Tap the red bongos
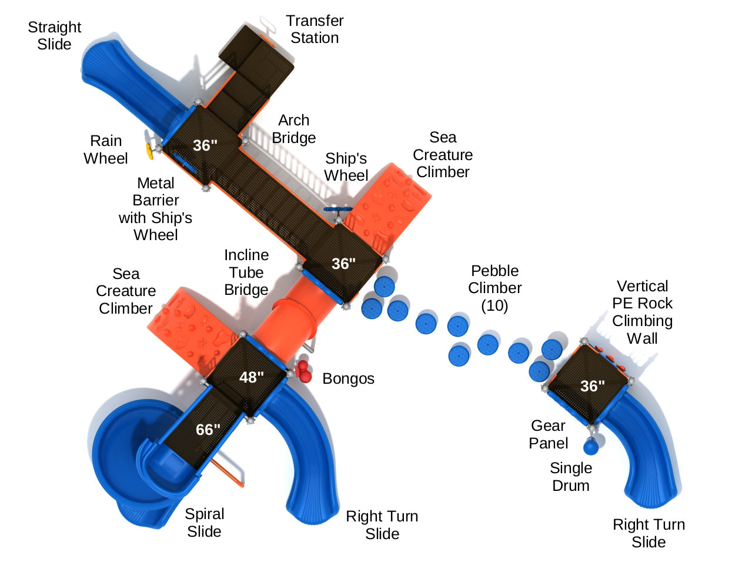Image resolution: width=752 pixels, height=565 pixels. [304, 373]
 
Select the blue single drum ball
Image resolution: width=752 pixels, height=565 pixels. [591, 447]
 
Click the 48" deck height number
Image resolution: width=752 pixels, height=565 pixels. [252, 377]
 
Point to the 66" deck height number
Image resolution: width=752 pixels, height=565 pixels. [208, 430]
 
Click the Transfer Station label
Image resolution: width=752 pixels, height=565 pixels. [315, 29]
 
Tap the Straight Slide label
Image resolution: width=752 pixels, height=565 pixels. [54, 36]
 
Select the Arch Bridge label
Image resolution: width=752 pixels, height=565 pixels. [293, 129]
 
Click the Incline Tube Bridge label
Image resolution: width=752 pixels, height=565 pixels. [246, 272]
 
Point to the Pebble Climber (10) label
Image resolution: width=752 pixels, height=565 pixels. [495, 288]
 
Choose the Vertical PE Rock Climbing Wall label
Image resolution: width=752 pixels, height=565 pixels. [642, 312]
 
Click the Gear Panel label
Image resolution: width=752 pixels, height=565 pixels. [548, 434]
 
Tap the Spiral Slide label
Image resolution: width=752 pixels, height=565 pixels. [204, 523]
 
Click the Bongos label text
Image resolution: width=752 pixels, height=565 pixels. [348, 378]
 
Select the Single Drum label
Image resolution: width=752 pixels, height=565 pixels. [571, 477]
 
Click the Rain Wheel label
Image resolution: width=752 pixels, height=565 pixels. [106, 149]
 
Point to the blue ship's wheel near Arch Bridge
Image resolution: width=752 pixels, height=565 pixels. [338, 210]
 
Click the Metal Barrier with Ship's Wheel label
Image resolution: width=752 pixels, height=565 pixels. [155, 209]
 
